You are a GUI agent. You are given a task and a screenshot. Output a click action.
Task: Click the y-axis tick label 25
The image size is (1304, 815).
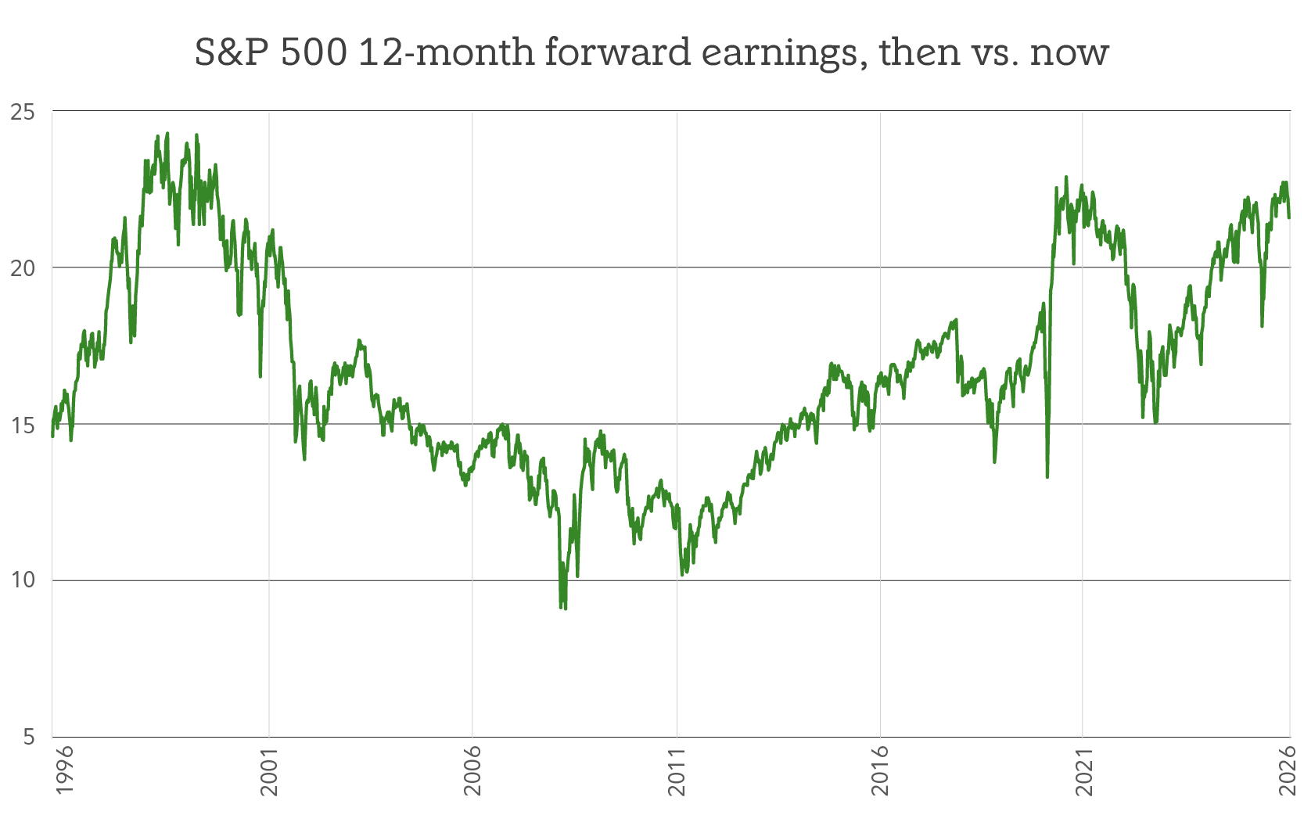23,112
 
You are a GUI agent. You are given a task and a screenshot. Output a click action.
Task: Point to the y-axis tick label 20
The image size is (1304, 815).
23,267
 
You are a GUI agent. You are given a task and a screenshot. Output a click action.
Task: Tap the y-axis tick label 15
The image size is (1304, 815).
23,425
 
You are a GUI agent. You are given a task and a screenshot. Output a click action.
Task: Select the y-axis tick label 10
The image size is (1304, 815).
23,580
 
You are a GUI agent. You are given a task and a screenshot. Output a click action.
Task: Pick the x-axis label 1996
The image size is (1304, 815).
65,770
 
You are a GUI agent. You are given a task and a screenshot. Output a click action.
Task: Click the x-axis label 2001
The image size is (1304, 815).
269,771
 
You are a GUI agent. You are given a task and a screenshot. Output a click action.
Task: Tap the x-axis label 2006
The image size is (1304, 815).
472,771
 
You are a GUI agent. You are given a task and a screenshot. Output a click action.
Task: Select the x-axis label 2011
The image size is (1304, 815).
677,771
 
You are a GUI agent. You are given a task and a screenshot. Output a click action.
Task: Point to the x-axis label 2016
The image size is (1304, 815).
880,771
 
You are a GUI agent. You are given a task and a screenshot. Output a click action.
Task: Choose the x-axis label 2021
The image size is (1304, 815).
1083,771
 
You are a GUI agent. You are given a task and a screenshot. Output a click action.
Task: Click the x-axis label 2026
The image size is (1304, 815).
1288,771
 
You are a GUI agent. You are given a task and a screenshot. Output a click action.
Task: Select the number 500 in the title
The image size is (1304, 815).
313,52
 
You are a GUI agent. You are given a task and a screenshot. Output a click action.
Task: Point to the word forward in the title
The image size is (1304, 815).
618,52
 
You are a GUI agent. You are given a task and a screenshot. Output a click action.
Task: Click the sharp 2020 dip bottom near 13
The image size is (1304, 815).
1047,476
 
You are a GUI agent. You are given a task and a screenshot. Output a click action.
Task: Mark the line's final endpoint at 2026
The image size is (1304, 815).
1289,217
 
